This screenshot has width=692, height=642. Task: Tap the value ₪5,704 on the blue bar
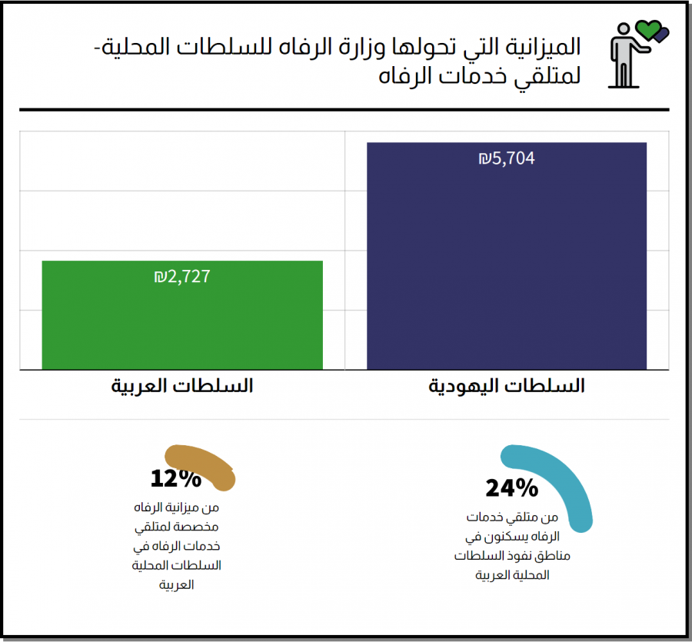pyautogui.click(x=506, y=159)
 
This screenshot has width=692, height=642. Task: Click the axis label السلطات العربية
pyautogui.click(x=181, y=386)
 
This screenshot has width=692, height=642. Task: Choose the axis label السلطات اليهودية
pyautogui.click(x=506, y=386)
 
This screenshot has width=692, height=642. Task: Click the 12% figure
pyautogui.click(x=176, y=479)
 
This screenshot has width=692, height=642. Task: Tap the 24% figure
pyautogui.click(x=511, y=487)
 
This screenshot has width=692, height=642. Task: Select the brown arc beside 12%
pyautogui.click(x=204, y=465)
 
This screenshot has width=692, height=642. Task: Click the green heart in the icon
pyautogui.click(x=648, y=31)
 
